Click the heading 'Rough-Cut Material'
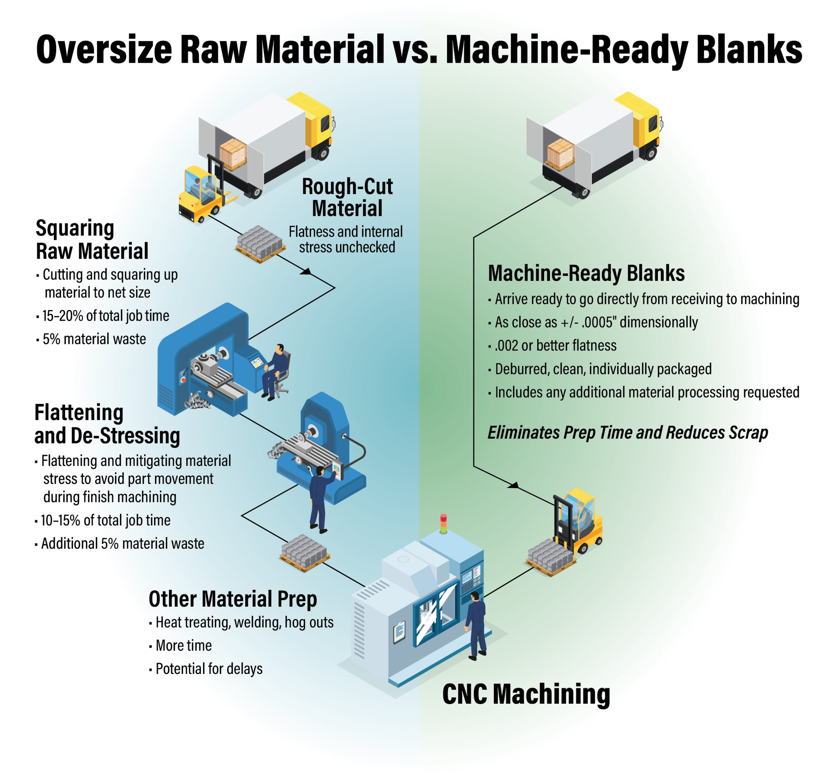tap(347, 197)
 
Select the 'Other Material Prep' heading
tap(233, 598)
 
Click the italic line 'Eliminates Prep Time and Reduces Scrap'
tap(627, 432)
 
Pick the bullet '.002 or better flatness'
tap(552, 345)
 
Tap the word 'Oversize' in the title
tap(104, 49)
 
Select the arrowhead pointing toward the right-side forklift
tap(513, 485)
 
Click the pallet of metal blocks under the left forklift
tap(260, 244)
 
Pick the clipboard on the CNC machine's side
tap(399, 632)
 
